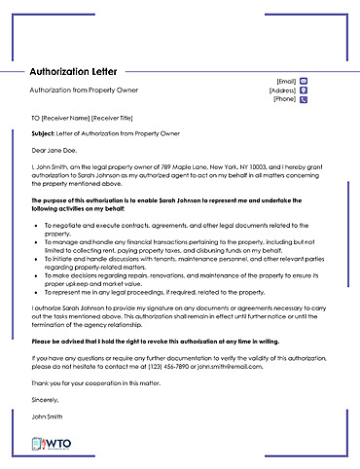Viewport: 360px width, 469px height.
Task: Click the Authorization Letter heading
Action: pyautogui.click(x=72, y=72)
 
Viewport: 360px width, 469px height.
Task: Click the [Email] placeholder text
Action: pyautogui.click(x=286, y=81)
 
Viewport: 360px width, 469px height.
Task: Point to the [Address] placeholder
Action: pyautogui.click(x=282, y=90)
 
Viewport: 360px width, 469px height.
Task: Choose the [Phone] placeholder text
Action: pyautogui.click(x=284, y=98)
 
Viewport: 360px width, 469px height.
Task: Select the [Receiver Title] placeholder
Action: pyautogui.click(x=119, y=118)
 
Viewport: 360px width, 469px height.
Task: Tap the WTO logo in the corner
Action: pyautogui.click(x=51, y=444)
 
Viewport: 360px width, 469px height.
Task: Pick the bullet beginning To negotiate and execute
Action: pyautogui.click(x=175, y=225)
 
